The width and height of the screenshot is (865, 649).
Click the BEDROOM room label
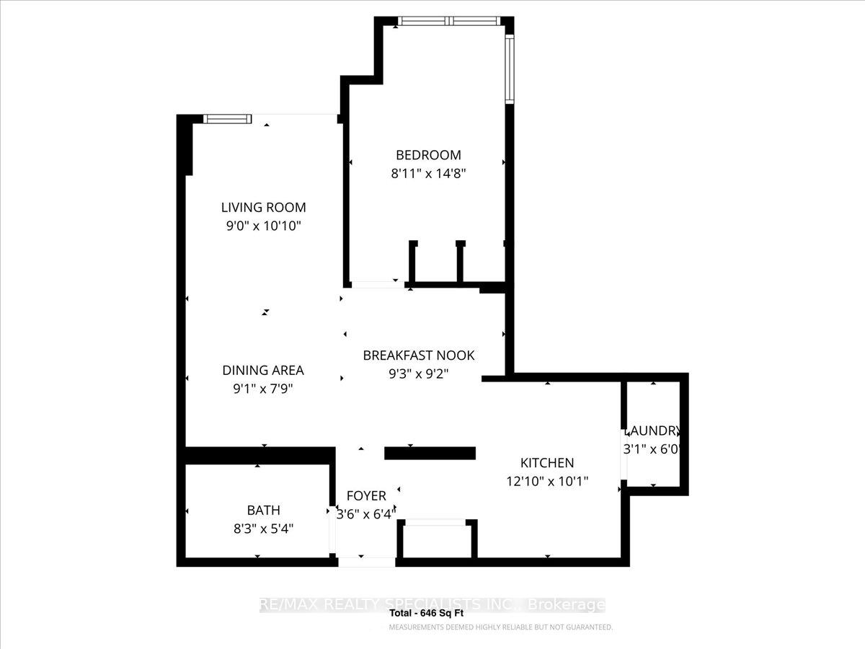point(428,155)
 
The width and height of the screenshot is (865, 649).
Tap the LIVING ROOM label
point(263,208)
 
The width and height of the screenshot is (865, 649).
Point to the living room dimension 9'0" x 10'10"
point(263,226)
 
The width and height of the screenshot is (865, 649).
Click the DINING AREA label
point(263,371)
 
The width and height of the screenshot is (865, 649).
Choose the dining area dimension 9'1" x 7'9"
point(263,389)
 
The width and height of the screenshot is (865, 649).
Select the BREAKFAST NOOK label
point(419,356)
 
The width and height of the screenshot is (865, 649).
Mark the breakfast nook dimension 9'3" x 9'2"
point(419,374)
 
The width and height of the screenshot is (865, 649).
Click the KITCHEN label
point(547,463)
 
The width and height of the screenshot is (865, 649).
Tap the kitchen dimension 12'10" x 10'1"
point(547,481)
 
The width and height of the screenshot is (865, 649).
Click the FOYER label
point(366,496)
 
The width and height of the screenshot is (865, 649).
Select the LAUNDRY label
point(652,431)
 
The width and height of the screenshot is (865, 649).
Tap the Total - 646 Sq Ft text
point(427,614)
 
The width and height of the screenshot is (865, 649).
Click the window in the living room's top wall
point(227,119)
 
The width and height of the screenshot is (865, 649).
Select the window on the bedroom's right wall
point(509,69)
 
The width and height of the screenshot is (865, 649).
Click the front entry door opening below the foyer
point(367,562)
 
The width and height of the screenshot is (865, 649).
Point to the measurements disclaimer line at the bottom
point(500,627)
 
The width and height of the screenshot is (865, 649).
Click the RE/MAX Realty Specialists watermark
point(432,605)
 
